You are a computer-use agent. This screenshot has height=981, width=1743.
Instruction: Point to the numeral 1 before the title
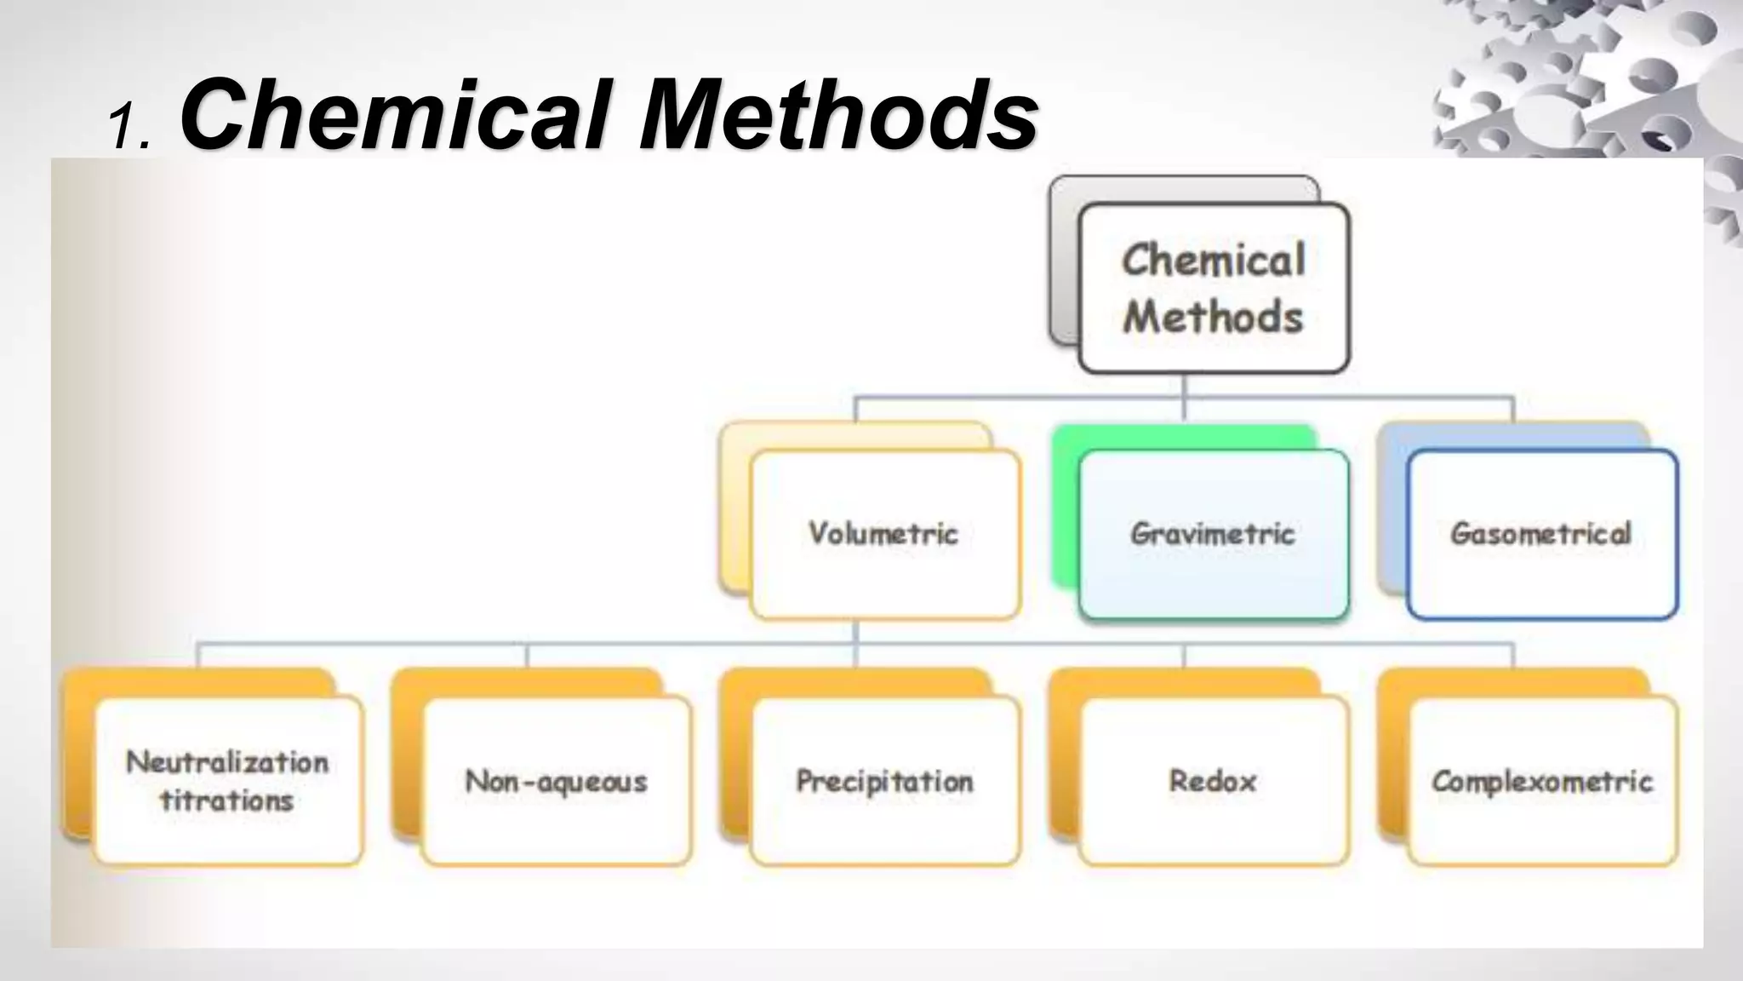[x=123, y=128]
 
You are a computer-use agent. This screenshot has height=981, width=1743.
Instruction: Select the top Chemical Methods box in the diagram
[x=1214, y=288]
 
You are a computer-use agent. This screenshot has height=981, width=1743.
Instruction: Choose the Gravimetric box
[x=1214, y=534]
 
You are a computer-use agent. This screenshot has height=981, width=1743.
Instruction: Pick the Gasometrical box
[x=1541, y=534]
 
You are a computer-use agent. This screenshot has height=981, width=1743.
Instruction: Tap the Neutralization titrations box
[x=228, y=781]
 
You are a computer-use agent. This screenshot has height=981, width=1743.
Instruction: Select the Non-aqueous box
[x=557, y=781]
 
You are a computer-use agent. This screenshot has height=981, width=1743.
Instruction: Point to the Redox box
[x=1214, y=781]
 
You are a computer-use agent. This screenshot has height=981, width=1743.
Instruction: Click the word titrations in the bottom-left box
[x=227, y=800]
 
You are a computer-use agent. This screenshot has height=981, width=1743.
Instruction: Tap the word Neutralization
[x=227, y=761]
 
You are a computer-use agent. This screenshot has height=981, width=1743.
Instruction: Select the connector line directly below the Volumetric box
[x=856, y=632]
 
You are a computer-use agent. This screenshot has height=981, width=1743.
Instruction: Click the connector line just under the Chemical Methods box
[x=1185, y=385]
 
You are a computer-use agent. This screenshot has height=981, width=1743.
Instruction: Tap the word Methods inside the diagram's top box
[x=1214, y=317]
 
